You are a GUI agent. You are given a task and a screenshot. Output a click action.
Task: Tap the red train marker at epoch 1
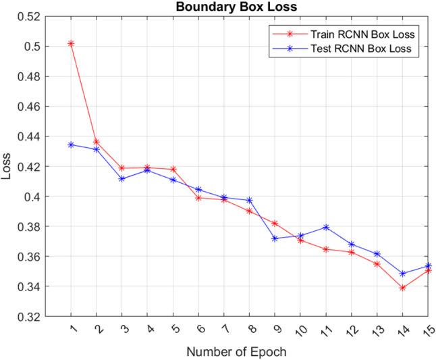pos(71,43)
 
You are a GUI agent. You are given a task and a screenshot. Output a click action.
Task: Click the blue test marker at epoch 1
pos(71,145)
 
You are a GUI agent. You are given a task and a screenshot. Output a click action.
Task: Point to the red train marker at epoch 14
pos(402,288)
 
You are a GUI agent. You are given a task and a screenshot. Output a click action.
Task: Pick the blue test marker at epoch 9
pos(275,238)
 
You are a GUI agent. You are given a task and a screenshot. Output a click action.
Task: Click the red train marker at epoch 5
pos(173,169)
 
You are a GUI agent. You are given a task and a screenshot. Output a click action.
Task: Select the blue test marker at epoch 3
pos(121,179)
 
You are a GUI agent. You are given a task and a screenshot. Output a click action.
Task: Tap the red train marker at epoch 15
pos(428,269)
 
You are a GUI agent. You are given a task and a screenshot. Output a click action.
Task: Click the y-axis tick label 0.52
pos(29,16)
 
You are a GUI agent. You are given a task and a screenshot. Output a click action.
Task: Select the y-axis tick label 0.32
pos(29,317)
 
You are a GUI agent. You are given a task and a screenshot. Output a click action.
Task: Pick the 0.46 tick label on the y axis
pos(29,107)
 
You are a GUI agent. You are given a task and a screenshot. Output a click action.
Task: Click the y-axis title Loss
pos(7,167)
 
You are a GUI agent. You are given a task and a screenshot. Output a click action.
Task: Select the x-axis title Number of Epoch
pos(236,352)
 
